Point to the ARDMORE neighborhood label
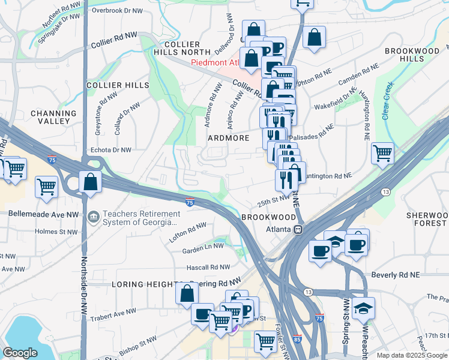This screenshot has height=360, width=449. [228, 138]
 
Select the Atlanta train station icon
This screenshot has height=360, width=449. [297, 229]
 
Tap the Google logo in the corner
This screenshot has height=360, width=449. [20, 353]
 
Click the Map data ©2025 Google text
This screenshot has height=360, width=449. [411, 355]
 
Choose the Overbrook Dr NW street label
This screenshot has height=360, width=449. [117, 11]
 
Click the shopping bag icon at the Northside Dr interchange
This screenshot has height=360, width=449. [90, 182]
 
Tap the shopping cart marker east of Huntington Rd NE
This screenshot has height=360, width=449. [382, 154]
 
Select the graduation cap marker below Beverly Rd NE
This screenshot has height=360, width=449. [363, 308]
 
